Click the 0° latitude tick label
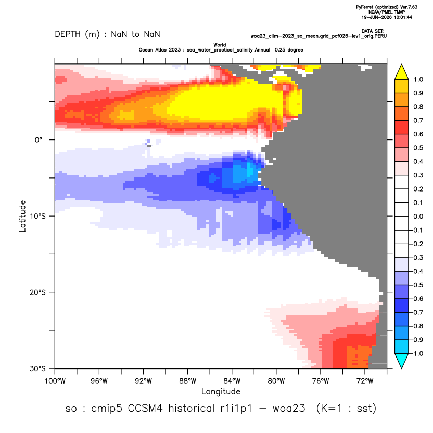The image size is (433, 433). coord(39,139)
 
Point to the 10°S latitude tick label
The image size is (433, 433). coord(37,216)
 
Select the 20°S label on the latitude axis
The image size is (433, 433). coord(37,292)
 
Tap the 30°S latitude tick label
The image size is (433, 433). coord(37,368)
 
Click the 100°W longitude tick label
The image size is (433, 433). coord(55,381)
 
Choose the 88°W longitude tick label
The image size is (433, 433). coord(188,381)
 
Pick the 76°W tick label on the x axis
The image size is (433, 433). coord(321,381)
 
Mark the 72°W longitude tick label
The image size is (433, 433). coord(365,381)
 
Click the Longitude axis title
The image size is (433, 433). coord(221,391)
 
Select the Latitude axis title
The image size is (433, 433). coord(22,216)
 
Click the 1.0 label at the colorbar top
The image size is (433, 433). coord(418,80)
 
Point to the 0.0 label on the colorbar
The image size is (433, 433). coord(418,216)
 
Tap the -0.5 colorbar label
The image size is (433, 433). coord(416,285)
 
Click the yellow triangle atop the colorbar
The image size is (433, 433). coord(402,72)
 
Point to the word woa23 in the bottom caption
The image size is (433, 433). coord(289,408)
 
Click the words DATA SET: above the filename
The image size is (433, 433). coord(373,31)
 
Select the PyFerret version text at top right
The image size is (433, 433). coord(387,7)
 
